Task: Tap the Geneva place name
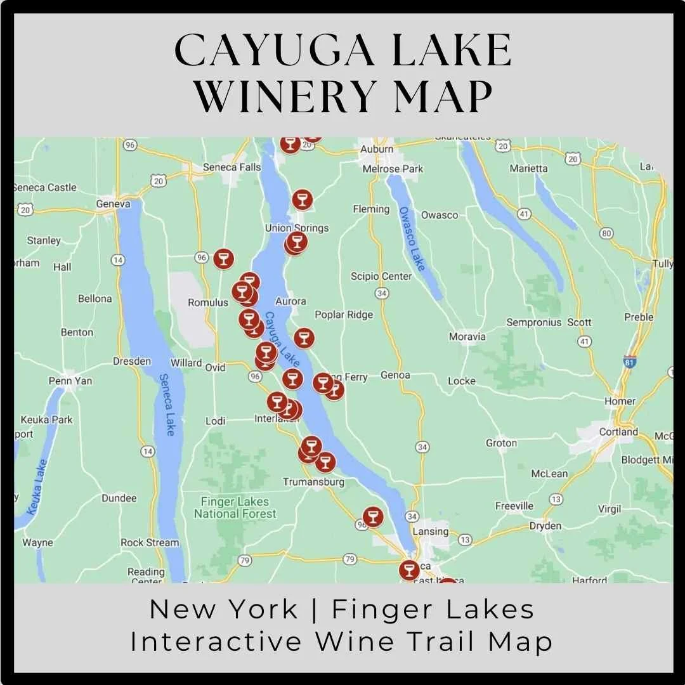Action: [x=113, y=204]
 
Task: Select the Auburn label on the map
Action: [x=377, y=150]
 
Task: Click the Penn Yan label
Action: [x=70, y=381]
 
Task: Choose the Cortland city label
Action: [x=618, y=432]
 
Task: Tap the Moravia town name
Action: [x=467, y=336]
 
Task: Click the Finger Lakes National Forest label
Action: [x=235, y=507]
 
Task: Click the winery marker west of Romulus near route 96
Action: [x=223, y=259]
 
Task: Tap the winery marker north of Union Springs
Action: [x=302, y=200]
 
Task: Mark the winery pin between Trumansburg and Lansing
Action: [x=372, y=516]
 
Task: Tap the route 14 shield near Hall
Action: [x=118, y=259]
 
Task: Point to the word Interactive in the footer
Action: [x=216, y=641]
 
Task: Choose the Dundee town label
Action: [x=119, y=498]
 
